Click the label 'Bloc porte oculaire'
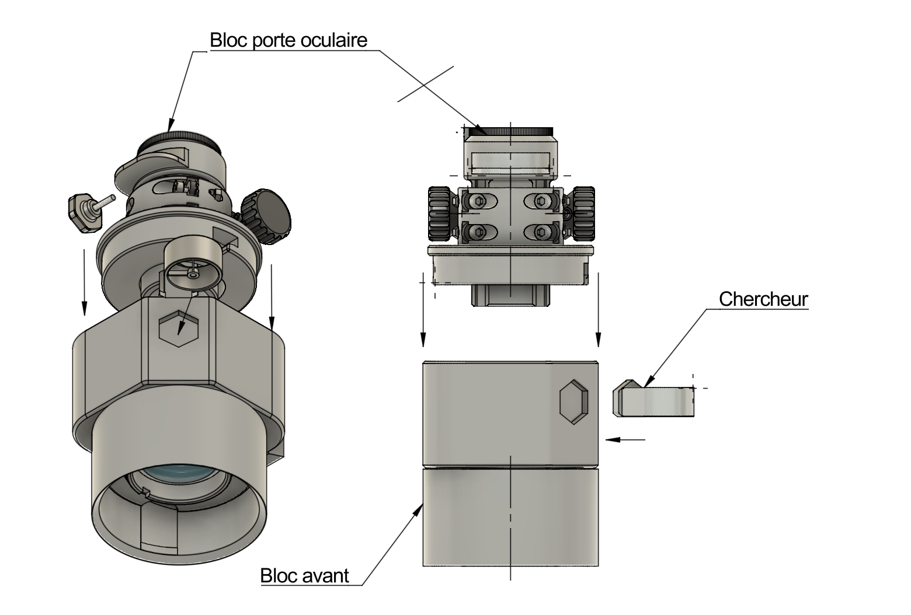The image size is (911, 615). [288, 40]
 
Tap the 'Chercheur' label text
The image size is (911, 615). [763, 299]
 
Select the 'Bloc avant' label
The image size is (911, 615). [304, 575]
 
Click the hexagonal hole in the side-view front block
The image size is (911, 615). [574, 401]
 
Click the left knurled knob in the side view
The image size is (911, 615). [440, 213]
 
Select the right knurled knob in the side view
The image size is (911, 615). [583, 213]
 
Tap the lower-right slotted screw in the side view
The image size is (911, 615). [542, 232]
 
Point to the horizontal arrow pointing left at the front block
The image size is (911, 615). [626, 439]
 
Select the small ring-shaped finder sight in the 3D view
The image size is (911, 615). [194, 264]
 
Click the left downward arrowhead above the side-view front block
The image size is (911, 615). [423, 340]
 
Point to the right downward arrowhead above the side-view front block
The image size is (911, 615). [597, 340]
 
